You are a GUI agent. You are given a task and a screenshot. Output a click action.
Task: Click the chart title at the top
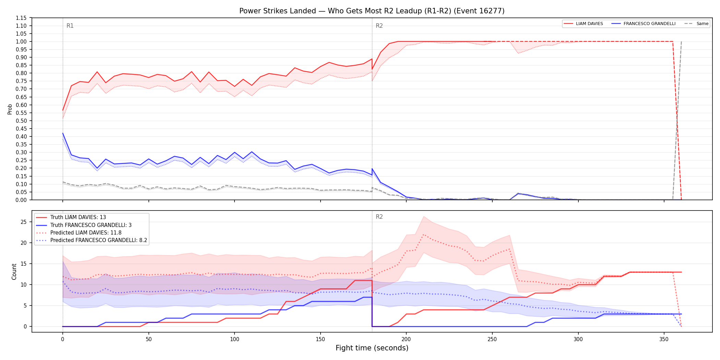coord(372,11)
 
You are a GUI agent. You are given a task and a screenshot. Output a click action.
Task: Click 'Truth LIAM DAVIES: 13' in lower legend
coord(78,217)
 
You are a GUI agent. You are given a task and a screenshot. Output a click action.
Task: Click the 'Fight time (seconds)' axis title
coord(372,348)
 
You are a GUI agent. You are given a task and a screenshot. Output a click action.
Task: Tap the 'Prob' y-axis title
coord(10,109)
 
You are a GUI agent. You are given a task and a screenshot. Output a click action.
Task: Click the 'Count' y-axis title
coord(14,272)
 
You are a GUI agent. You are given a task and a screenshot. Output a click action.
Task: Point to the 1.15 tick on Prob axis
coord(21,18)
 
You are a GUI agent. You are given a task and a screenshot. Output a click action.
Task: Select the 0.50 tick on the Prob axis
coord(21,121)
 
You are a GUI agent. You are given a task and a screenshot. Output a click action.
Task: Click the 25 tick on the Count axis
coord(24,222)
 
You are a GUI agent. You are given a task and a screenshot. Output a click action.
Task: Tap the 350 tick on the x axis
coord(664,339)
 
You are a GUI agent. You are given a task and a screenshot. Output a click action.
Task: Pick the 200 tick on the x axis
coord(406,339)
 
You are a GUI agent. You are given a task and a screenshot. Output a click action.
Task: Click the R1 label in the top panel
coord(70,26)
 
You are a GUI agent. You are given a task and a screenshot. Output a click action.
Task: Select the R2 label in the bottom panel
coord(379,217)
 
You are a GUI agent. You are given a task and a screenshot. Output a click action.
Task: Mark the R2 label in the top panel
coord(379,26)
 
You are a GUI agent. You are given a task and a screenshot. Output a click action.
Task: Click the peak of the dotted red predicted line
coord(424,235)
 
